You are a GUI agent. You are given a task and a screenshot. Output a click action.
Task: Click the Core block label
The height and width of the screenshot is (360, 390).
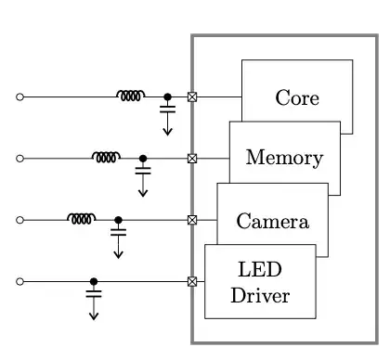pos(297,98)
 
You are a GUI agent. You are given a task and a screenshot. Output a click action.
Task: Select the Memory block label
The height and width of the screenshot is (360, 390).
pos(284,158)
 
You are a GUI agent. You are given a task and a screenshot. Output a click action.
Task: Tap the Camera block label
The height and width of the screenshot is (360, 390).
pos(271,222)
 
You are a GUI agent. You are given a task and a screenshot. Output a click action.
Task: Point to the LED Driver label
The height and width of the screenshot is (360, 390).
pos(260,283)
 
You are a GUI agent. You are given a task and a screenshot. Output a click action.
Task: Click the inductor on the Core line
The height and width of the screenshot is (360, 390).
pos(130,95)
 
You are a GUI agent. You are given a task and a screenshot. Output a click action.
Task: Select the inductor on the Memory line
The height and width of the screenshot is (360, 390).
pos(106,157)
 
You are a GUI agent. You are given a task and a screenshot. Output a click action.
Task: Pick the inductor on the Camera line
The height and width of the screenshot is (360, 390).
pos(81,218)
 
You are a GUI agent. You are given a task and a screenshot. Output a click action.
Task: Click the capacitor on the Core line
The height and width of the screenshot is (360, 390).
pos(167,109)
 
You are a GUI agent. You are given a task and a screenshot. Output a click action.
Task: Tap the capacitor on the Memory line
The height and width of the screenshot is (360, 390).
pos(143,172)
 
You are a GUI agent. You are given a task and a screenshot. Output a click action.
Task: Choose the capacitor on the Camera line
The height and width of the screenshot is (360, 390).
pos(118,233)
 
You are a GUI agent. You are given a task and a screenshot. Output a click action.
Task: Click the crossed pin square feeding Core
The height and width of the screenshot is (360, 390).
pos(192,96)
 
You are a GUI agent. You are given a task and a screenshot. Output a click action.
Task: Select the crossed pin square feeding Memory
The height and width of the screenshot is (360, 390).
pos(192,159)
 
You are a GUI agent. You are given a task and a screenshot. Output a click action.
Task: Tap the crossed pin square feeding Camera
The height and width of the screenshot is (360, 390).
pos(192,220)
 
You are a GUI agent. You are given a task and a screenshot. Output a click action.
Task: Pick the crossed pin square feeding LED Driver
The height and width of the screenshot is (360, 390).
pos(192,281)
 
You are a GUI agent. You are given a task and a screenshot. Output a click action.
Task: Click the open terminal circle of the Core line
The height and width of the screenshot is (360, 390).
pos(19,96)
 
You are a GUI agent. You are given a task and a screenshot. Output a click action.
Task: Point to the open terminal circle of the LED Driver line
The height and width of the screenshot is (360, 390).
pos(19,281)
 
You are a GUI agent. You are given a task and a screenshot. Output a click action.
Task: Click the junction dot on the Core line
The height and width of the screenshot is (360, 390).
pos(167,96)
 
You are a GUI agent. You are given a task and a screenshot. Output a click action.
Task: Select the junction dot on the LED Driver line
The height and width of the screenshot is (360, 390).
pos(94,281)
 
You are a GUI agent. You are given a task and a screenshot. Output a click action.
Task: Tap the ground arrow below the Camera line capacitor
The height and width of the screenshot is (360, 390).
pos(118,253)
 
